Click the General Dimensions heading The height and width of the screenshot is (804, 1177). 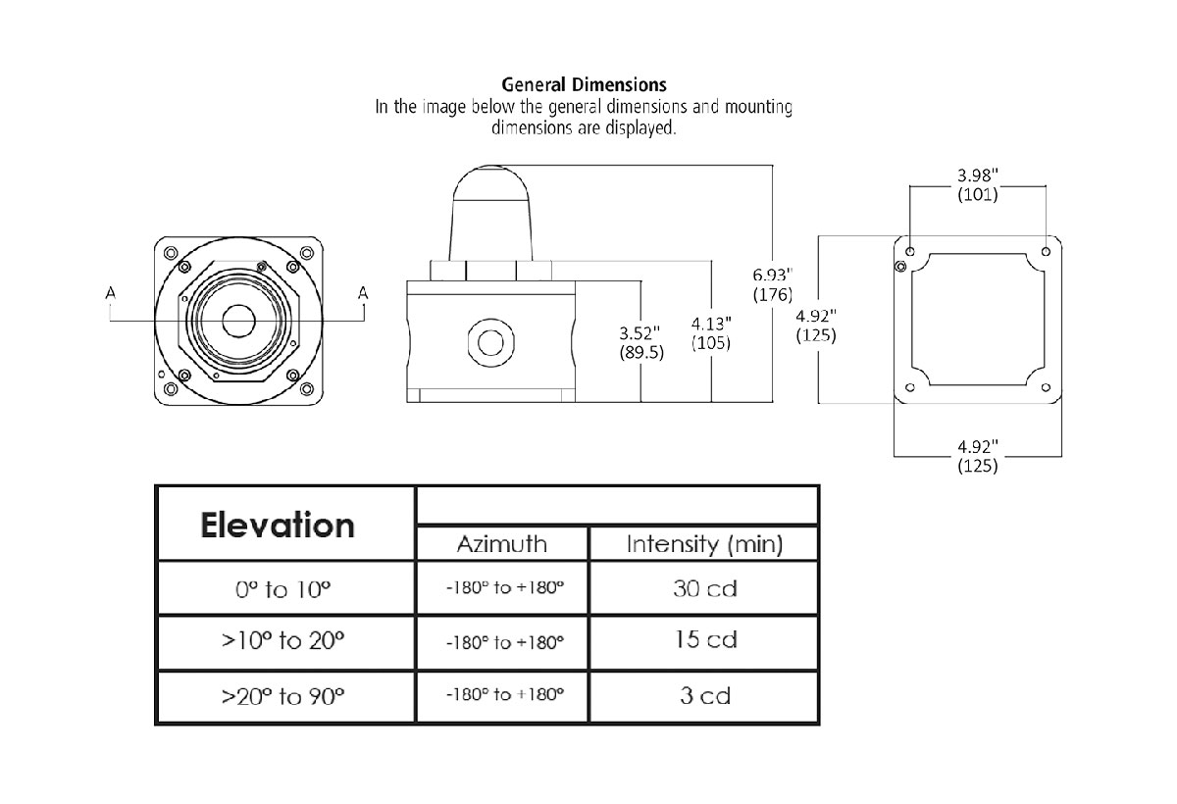point(584,85)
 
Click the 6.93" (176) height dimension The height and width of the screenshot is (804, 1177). point(772,282)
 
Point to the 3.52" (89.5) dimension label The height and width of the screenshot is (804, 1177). point(641,342)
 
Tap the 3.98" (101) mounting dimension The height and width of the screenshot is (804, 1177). point(977,184)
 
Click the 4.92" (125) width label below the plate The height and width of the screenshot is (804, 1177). point(977,457)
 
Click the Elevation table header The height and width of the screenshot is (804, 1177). point(278,525)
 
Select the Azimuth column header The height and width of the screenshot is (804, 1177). point(502,544)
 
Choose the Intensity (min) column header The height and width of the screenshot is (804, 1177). point(704,544)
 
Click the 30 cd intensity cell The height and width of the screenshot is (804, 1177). point(704,589)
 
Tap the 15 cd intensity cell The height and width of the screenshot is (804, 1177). point(704,641)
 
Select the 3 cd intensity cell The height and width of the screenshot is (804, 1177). point(704,696)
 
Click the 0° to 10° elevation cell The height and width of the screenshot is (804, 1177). point(284,590)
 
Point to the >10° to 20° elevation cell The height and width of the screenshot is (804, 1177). point(284,642)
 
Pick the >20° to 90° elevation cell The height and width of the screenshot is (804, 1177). point(284,697)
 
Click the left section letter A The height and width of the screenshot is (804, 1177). point(111,292)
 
